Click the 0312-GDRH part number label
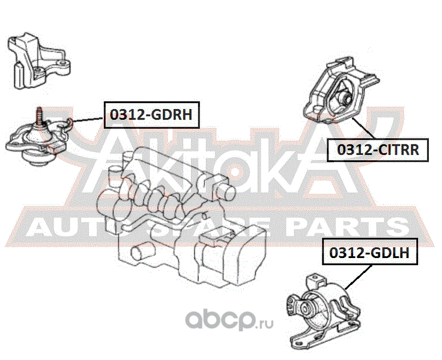[151, 114]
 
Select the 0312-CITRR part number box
[378, 149]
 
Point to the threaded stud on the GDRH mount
[39, 115]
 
